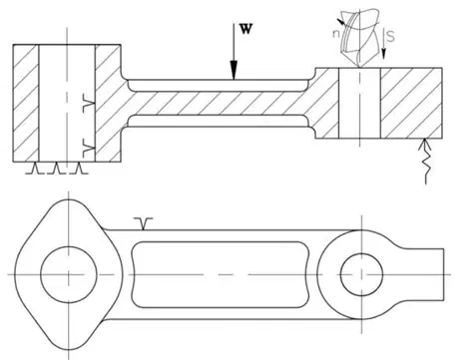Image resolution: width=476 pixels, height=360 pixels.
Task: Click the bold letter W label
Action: [246, 29]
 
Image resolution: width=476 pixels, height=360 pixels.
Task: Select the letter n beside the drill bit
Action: [336, 34]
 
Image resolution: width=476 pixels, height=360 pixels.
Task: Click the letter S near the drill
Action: [391, 36]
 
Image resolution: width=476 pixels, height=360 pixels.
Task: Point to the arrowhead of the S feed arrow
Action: [383, 54]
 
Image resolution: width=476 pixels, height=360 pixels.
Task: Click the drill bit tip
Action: [359, 67]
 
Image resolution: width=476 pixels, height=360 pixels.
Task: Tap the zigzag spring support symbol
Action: [425, 161]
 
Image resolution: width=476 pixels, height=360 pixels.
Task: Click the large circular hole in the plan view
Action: [69, 274]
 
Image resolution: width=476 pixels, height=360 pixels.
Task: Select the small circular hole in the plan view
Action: [361, 274]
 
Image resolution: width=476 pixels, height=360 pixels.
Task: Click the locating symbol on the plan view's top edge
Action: [143, 223]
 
